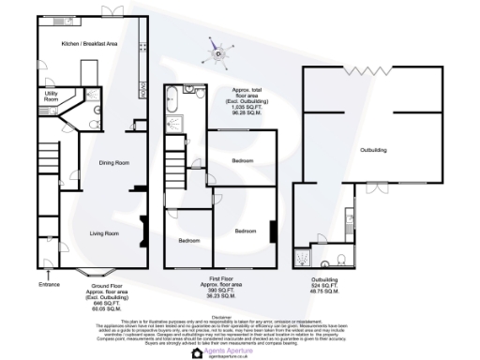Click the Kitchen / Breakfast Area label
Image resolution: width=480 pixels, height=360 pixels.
click(x=89, y=44)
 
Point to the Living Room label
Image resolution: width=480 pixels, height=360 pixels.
click(x=103, y=232)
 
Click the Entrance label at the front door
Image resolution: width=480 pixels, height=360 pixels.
click(x=49, y=282)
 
